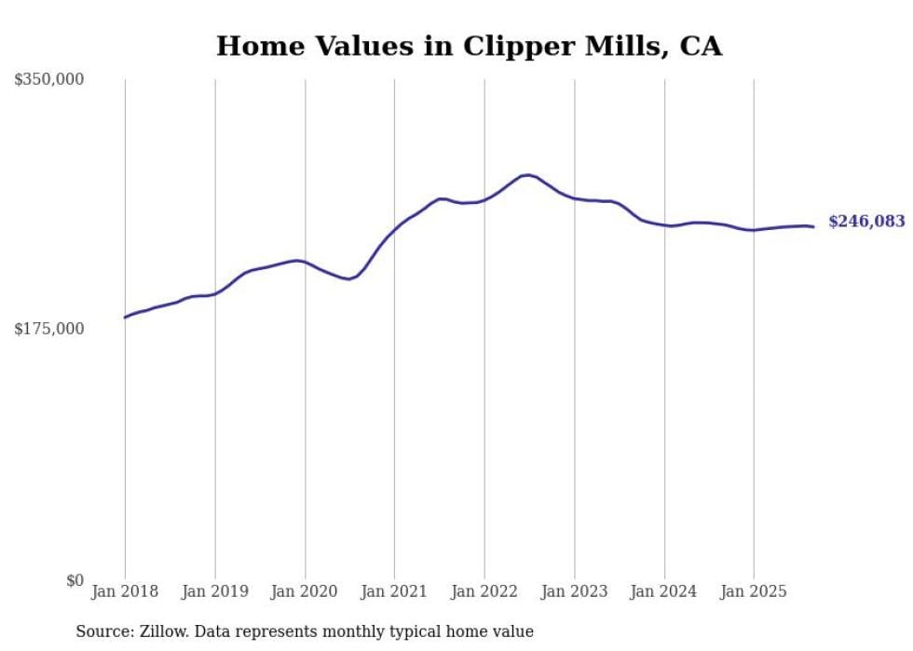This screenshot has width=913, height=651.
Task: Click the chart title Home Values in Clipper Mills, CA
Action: pos(469,46)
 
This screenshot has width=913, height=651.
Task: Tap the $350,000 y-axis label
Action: pos(49,80)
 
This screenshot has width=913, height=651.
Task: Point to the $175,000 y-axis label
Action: pos(49,329)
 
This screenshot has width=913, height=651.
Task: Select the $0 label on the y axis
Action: pos(75,580)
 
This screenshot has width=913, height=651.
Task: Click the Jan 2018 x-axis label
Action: pos(125,591)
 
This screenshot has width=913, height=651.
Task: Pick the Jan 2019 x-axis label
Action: pos(215,591)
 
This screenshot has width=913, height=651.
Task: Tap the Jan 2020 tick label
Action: pos(305,591)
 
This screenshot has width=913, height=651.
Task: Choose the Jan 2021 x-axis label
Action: pos(394,591)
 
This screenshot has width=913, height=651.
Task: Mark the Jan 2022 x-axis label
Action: pos(484,591)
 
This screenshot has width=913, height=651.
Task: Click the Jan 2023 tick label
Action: pos(574,591)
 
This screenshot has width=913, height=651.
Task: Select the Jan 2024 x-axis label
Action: pos(664,591)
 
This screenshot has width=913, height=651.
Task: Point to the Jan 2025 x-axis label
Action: pos(754,591)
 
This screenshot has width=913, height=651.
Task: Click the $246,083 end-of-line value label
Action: pos(866,222)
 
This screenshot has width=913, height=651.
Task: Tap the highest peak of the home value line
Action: pos(527,174)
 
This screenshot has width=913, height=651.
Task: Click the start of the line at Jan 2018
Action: pos(125,318)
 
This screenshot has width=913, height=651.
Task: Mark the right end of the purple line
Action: pos(813,226)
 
